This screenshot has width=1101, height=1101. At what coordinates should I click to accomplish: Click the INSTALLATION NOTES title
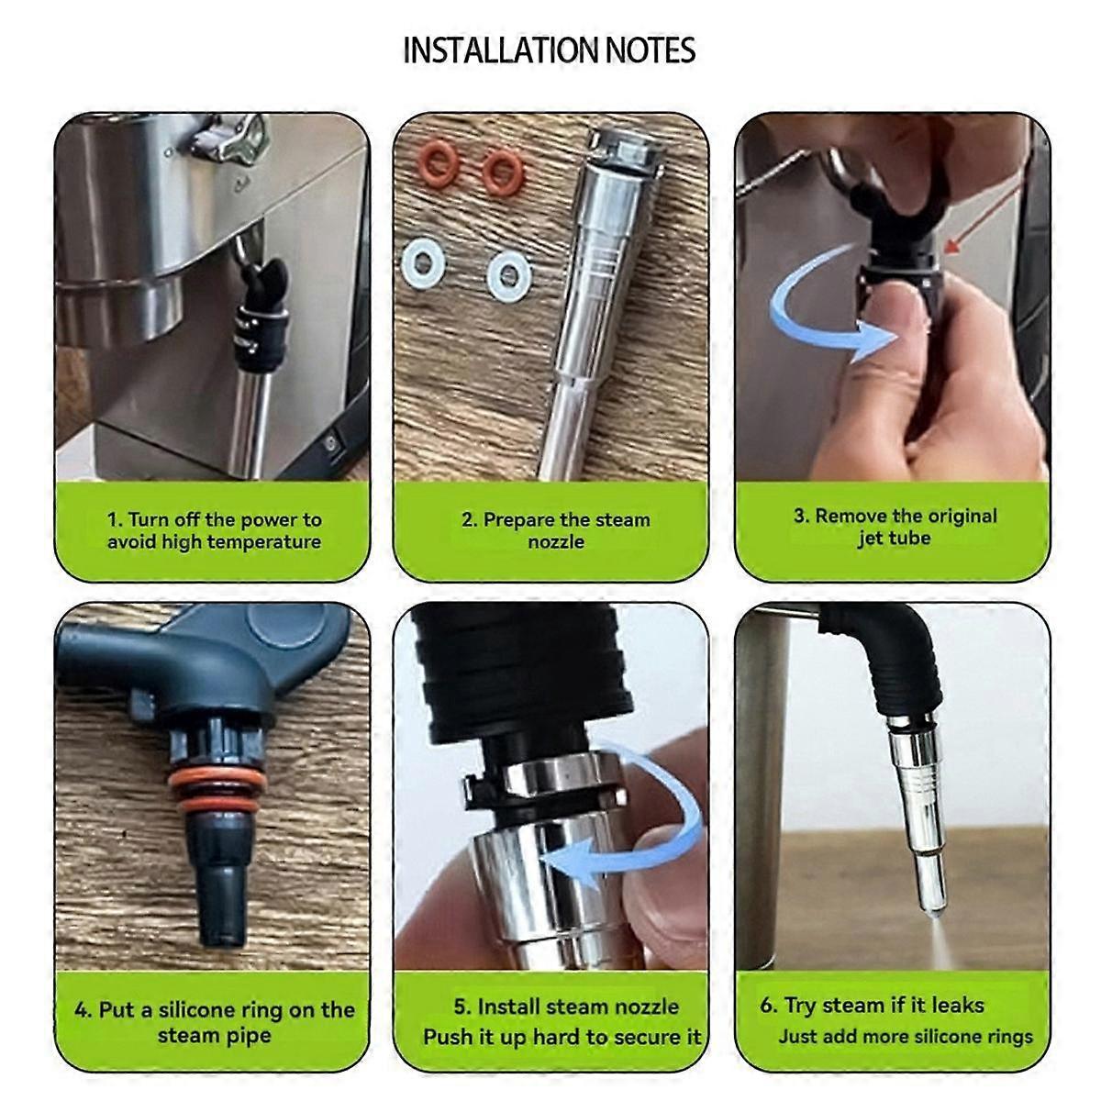550,50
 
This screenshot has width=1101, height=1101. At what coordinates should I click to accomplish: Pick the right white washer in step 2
509,274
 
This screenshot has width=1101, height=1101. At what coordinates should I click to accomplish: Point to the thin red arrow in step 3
981,216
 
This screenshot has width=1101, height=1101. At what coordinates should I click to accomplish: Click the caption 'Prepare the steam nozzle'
555,530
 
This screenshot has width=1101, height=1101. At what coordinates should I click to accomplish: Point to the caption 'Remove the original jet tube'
895,527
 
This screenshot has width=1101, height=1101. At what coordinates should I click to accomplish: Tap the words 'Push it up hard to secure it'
562,1037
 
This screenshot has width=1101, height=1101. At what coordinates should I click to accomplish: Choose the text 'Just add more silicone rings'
906,1037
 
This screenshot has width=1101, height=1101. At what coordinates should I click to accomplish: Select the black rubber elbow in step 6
904,661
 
